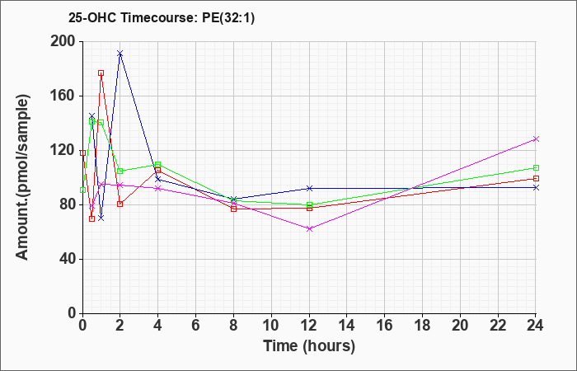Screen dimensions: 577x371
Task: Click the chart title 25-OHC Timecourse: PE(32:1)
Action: pyautogui.click(x=162, y=18)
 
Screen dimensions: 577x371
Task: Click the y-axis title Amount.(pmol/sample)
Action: pyautogui.click(x=23, y=177)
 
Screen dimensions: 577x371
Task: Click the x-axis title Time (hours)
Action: pyautogui.click(x=309, y=346)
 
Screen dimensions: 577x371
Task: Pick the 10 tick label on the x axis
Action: pyautogui.click(x=271, y=326)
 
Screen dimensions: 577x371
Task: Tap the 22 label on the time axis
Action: pyautogui.click(x=498, y=326)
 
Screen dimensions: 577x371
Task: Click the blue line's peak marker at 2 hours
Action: pyautogui.click(x=120, y=54)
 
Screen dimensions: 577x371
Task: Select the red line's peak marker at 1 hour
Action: pyautogui.click(x=101, y=73)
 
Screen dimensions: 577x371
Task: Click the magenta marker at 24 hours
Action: pyautogui.click(x=536, y=139)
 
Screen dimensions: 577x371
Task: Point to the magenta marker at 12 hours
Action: pyautogui.click(x=309, y=228)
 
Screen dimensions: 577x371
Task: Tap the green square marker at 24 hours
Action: pyautogui.click(x=536, y=168)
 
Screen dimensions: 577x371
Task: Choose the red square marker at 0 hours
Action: pyautogui.click(x=82, y=153)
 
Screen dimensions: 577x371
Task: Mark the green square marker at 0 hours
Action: pyautogui.click(x=82, y=190)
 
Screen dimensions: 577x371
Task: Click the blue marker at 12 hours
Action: pyautogui.click(x=309, y=188)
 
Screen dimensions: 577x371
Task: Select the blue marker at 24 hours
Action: pyautogui.click(x=536, y=187)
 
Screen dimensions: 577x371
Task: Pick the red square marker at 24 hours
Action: pyautogui.click(x=536, y=179)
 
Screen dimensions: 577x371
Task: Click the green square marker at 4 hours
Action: pyautogui.click(x=158, y=164)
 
